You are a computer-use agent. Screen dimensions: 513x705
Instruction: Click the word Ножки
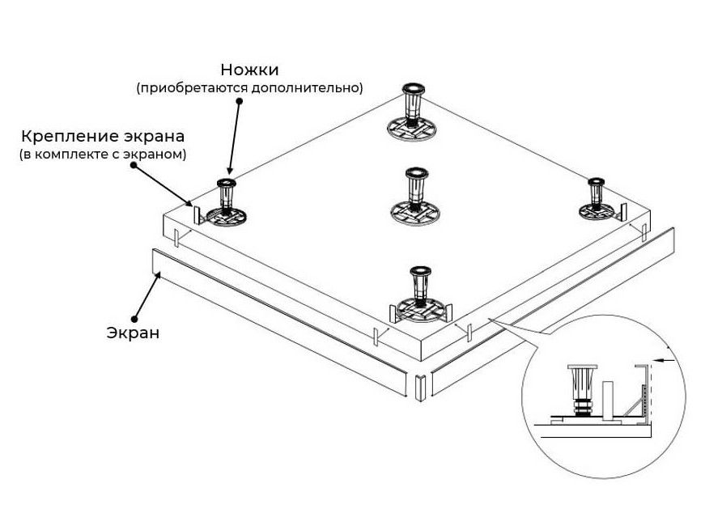(x=254, y=70)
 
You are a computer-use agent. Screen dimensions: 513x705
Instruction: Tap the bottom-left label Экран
(x=133, y=332)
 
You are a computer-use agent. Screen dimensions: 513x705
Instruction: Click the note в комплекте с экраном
(x=103, y=153)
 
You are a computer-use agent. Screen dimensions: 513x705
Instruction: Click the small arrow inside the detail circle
(x=667, y=360)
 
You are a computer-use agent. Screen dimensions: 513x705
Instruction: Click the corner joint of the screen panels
(x=420, y=388)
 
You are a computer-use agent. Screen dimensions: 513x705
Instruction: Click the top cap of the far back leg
(x=413, y=87)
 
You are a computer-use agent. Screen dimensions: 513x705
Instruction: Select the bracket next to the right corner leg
(x=621, y=210)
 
